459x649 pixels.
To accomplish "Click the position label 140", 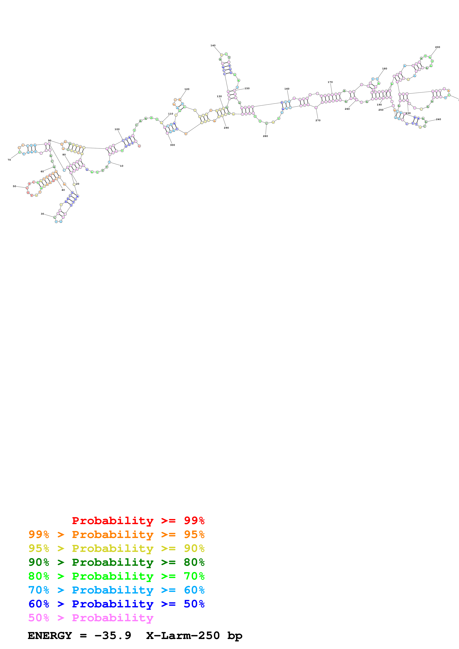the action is click(213, 46).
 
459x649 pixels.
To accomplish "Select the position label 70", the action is click(9, 160).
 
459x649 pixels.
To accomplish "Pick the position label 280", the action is click(265, 136).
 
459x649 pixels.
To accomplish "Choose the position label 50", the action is click(14, 186).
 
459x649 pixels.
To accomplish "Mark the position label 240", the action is click(438, 119).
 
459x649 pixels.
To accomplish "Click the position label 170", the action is click(330, 82).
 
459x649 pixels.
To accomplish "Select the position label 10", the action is click(122, 166).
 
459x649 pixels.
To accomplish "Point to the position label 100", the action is click(117, 129).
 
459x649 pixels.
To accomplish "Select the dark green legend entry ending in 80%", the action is click(116, 562).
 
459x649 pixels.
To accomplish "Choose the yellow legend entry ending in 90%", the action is click(116, 548).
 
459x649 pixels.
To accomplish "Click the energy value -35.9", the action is click(113, 636).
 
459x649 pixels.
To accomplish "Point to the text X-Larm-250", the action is click(183, 636).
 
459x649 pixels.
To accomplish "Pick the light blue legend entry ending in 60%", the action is click(116, 590).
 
